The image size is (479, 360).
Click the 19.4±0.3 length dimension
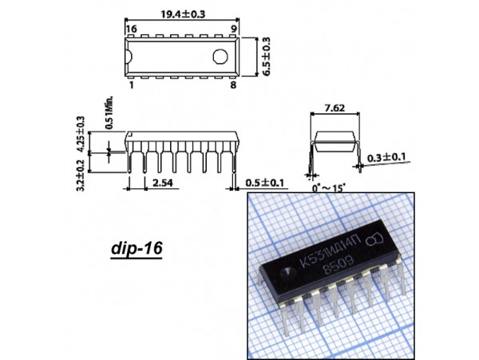coord(183,14)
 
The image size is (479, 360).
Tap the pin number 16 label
coord(132,29)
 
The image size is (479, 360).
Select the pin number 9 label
coord(234,29)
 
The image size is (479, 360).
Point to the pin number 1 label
coord(132,85)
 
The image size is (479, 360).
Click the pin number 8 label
coord(233,85)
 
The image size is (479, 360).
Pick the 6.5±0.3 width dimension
coord(266,57)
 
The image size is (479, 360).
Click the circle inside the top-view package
coord(220,57)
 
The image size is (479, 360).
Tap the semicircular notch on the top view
coord(129,57)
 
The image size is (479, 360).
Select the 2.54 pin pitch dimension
coord(163,183)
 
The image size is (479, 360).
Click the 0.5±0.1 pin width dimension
coord(264,183)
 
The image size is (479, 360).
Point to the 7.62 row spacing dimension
coord(335,108)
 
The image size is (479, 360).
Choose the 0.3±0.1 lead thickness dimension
coord(386,157)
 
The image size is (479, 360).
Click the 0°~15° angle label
coord(329,188)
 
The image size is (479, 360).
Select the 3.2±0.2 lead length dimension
coord(81,176)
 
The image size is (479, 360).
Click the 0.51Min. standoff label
coord(109,113)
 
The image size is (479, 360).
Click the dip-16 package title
coord(137,248)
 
